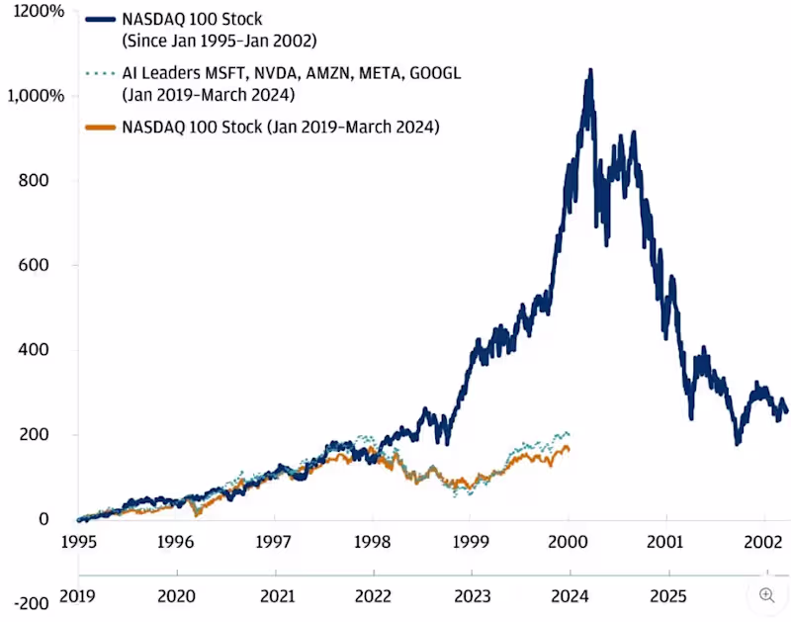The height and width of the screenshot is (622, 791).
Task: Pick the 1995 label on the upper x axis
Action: click(79, 543)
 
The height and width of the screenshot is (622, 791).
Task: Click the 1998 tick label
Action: click(373, 543)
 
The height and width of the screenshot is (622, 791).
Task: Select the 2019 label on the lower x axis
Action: click(79, 597)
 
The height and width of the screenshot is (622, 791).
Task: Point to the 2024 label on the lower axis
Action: click(569, 597)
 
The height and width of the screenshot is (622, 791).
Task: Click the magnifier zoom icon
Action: click(766, 595)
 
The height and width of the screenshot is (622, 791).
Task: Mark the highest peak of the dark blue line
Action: click(590, 71)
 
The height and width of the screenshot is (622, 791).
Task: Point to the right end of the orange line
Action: click(568, 450)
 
